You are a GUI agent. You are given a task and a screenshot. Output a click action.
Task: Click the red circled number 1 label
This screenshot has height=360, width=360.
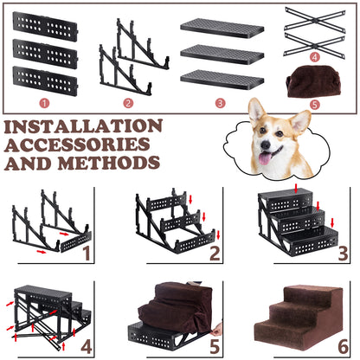[x=44, y=103]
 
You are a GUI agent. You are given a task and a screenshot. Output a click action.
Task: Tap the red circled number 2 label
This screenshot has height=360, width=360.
[x=128, y=103]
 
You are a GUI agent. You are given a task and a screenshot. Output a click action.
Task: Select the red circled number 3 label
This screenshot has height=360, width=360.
[x=220, y=103]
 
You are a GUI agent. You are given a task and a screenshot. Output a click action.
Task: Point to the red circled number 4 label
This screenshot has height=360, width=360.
[x=315, y=57]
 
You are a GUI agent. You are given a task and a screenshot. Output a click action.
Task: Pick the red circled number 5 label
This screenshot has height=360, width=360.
[x=315, y=104]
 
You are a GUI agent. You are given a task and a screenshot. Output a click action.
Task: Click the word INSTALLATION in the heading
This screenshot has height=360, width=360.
[x=83, y=126]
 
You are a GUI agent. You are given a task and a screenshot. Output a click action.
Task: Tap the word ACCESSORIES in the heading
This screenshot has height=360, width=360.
[x=78, y=145]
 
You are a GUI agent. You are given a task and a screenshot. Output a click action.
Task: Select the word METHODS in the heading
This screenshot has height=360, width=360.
[x=109, y=163]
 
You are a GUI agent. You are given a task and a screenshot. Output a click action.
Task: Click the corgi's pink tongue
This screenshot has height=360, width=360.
[x=265, y=158]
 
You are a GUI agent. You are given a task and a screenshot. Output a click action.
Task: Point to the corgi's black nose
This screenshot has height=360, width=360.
[x=266, y=145]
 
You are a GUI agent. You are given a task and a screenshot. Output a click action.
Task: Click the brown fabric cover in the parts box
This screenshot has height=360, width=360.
[x=313, y=82]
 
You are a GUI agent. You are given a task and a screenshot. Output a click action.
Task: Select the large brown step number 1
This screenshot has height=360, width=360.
[x=87, y=253]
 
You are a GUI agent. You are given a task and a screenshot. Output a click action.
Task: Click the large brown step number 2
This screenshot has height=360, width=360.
[x=215, y=253]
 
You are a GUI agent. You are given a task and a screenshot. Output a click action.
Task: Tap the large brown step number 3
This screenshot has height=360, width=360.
[x=343, y=253]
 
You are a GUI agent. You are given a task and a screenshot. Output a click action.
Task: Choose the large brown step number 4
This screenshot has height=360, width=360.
[x=87, y=346]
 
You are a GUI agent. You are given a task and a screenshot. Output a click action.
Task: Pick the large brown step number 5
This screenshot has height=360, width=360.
[x=215, y=346]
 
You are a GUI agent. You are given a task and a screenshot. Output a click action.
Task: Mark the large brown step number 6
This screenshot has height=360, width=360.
[x=343, y=346]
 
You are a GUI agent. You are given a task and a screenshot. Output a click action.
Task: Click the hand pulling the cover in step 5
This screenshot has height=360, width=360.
[x=217, y=329]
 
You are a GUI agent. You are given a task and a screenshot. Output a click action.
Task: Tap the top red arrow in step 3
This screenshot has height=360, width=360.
[x=296, y=188]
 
